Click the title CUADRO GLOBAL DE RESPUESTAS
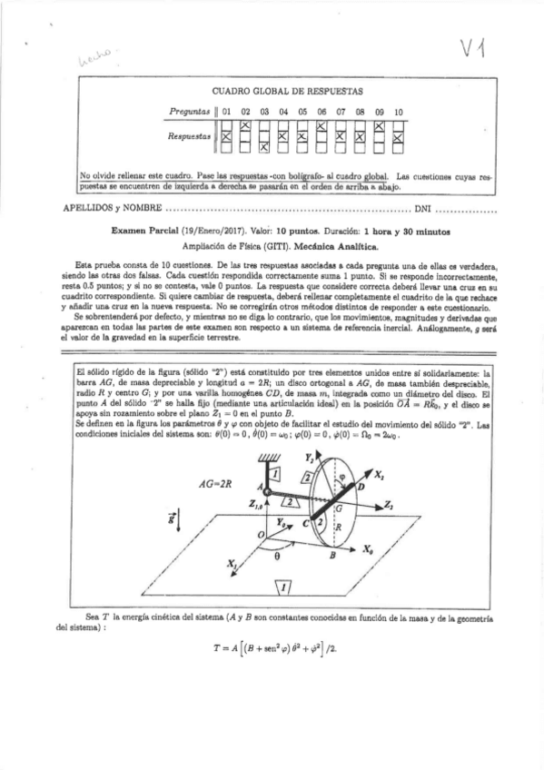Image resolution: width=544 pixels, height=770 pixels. tap(287, 91)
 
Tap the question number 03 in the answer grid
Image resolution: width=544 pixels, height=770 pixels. tap(264, 112)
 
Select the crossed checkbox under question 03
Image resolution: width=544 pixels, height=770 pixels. tap(264, 146)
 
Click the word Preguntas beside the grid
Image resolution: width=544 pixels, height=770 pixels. tap(190, 112)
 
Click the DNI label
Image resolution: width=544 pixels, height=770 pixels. tap(423, 208)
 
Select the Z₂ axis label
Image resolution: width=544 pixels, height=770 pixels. tap(388, 504)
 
